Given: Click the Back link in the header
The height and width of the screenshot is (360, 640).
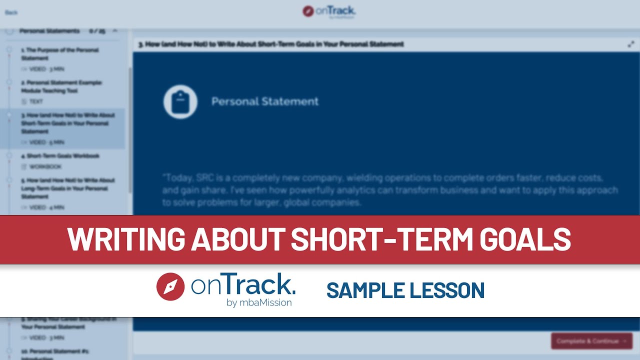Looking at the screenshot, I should click(11, 12).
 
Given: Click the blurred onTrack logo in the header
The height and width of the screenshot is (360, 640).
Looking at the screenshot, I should click(329, 11).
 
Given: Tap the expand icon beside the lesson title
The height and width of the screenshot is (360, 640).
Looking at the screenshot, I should click(630, 44).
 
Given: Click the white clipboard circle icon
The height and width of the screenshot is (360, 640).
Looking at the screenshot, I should click(180, 101).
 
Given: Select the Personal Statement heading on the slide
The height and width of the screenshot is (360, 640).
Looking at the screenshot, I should click(264, 101).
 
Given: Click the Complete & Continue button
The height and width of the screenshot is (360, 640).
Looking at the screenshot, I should click(591, 341).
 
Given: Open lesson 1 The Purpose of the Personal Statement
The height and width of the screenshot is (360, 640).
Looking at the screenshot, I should click(59, 54).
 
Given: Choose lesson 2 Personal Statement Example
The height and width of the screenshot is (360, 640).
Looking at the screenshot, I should click(61, 86).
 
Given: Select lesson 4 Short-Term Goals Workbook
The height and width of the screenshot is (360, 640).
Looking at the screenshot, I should click(60, 156).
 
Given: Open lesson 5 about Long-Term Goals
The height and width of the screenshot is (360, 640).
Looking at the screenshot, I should click(67, 188).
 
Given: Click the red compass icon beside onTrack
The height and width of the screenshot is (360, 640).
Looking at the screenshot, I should click(170, 286).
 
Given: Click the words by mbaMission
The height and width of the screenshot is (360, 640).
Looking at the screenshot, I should click(259, 302).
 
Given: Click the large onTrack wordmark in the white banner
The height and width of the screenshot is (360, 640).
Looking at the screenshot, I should click(243, 284).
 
